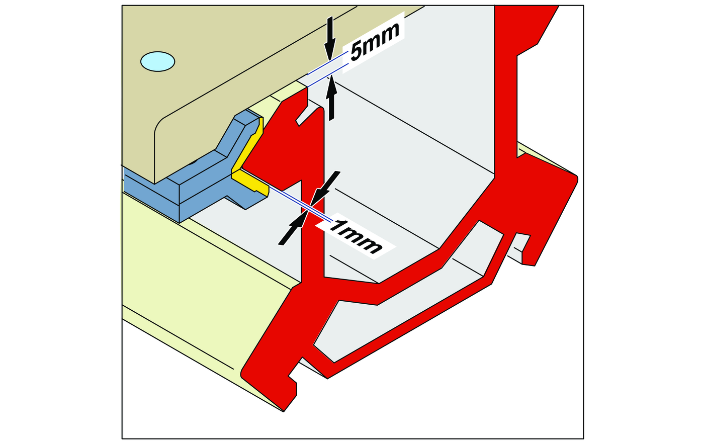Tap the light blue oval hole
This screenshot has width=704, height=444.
[x=157, y=62]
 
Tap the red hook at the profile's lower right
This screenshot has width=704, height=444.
[x=528, y=251]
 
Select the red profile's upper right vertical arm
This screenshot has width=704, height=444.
[x=505, y=91]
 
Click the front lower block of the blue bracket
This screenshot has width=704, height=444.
[x=151, y=196]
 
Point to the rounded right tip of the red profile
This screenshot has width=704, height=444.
[x=575, y=178]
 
